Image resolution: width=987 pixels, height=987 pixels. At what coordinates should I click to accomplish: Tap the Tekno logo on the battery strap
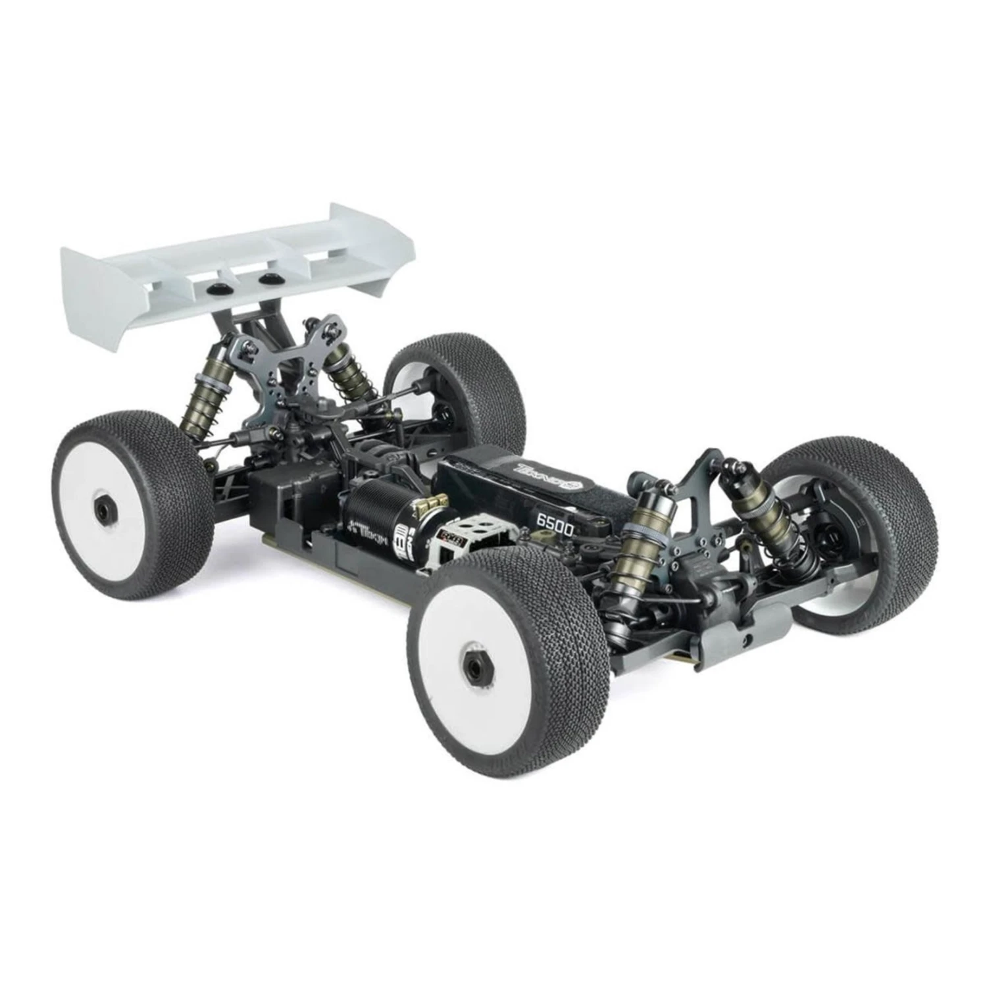click(x=551, y=481)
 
